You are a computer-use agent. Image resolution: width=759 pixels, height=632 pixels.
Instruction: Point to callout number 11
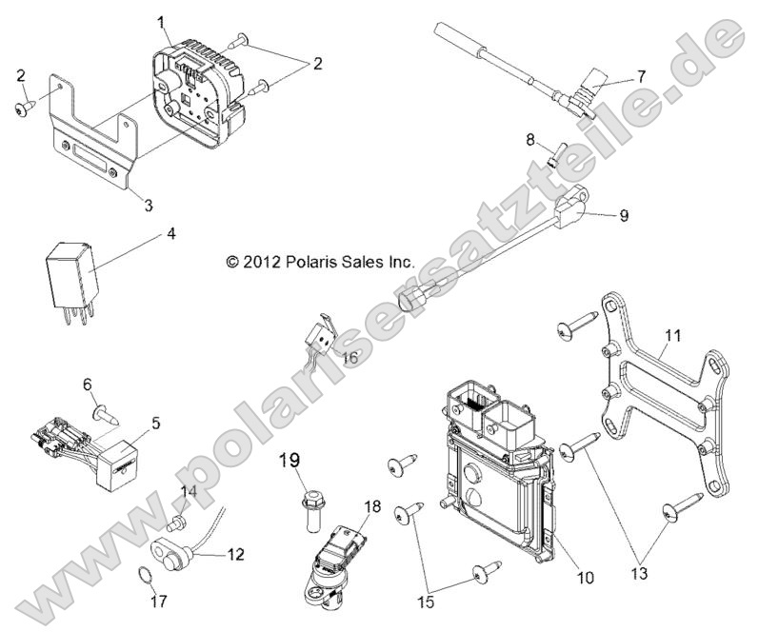(672, 335)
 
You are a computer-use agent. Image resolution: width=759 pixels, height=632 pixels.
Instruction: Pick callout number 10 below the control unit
(584, 577)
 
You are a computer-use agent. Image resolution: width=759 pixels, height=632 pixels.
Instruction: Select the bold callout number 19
(290, 463)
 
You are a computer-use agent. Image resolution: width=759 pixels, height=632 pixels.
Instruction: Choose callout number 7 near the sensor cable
(640, 74)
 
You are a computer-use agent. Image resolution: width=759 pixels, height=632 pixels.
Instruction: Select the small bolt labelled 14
(174, 522)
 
